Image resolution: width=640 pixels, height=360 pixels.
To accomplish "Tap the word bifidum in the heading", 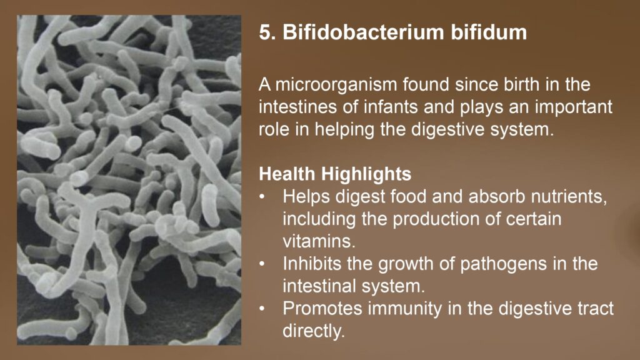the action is pyautogui.click(x=489, y=32).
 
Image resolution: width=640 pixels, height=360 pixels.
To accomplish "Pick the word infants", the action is pyautogui.click(x=388, y=106).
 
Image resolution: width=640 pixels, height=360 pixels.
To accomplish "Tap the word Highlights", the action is pyautogui.click(x=366, y=174).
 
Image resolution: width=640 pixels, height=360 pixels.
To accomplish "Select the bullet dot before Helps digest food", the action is pyautogui.click(x=263, y=197).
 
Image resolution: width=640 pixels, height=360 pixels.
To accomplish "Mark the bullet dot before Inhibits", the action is pyautogui.click(x=263, y=264).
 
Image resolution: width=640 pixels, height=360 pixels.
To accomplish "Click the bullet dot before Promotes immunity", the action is pyautogui.click(x=263, y=309).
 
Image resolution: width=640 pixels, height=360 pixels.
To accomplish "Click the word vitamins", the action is pyautogui.click(x=319, y=241).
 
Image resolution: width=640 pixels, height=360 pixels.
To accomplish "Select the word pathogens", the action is pyautogui.click(x=503, y=264).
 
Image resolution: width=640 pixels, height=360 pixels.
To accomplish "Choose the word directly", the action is pyautogui.click(x=314, y=331).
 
